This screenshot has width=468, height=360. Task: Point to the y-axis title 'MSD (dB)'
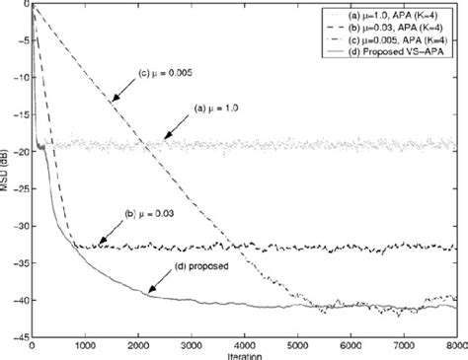coord(6,174)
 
